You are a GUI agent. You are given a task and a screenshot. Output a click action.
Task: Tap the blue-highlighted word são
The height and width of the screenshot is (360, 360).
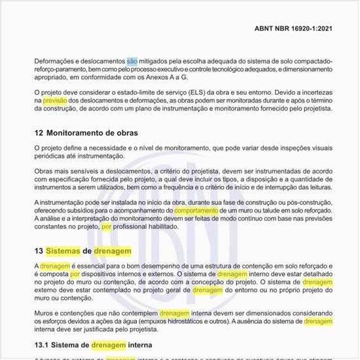click(132, 61)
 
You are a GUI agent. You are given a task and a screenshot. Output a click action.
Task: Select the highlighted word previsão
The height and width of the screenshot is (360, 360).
click(55, 101)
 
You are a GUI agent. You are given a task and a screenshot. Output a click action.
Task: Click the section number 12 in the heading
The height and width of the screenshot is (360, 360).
click(39, 133)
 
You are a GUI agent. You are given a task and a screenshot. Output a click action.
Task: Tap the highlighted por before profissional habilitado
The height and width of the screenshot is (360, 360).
click(107, 226)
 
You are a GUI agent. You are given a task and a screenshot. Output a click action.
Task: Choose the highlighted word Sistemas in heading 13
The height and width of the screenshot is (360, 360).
click(63, 251)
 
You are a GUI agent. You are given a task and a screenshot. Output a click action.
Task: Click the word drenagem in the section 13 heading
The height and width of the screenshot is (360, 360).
click(113, 251)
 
